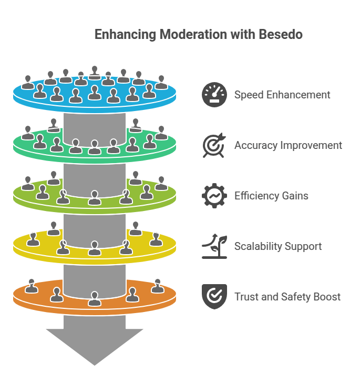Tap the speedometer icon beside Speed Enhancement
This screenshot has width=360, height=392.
[214, 95]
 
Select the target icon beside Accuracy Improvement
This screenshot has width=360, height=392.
[214, 145]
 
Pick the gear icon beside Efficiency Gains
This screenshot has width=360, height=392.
[214, 196]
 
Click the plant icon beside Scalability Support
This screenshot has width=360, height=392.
[214, 246]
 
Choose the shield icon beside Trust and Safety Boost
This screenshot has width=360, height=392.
[214, 297]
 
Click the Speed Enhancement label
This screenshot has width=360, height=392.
[282, 95]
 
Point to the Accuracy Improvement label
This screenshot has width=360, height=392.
[288, 145]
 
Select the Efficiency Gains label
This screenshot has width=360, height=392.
[271, 196]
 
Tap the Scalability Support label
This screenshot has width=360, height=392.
[278, 246]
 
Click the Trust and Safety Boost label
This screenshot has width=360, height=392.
[287, 297]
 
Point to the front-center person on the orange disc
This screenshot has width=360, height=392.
[95, 298]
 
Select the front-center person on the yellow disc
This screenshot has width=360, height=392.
[95, 248]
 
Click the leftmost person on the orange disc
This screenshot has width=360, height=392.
[32, 286]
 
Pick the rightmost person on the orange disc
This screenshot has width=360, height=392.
[157, 286]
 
